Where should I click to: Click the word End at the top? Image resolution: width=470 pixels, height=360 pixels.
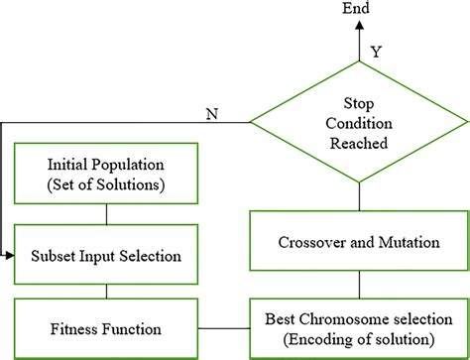[x=358, y=9]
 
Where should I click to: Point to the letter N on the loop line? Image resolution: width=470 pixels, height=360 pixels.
[x=211, y=112]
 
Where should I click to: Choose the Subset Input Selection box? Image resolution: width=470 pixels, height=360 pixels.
[x=106, y=256]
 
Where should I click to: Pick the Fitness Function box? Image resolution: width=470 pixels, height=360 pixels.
[x=106, y=326]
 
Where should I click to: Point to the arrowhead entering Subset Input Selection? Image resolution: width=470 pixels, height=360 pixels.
[x=13, y=256]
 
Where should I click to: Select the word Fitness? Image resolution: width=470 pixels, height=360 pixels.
[x=78, y=326]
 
